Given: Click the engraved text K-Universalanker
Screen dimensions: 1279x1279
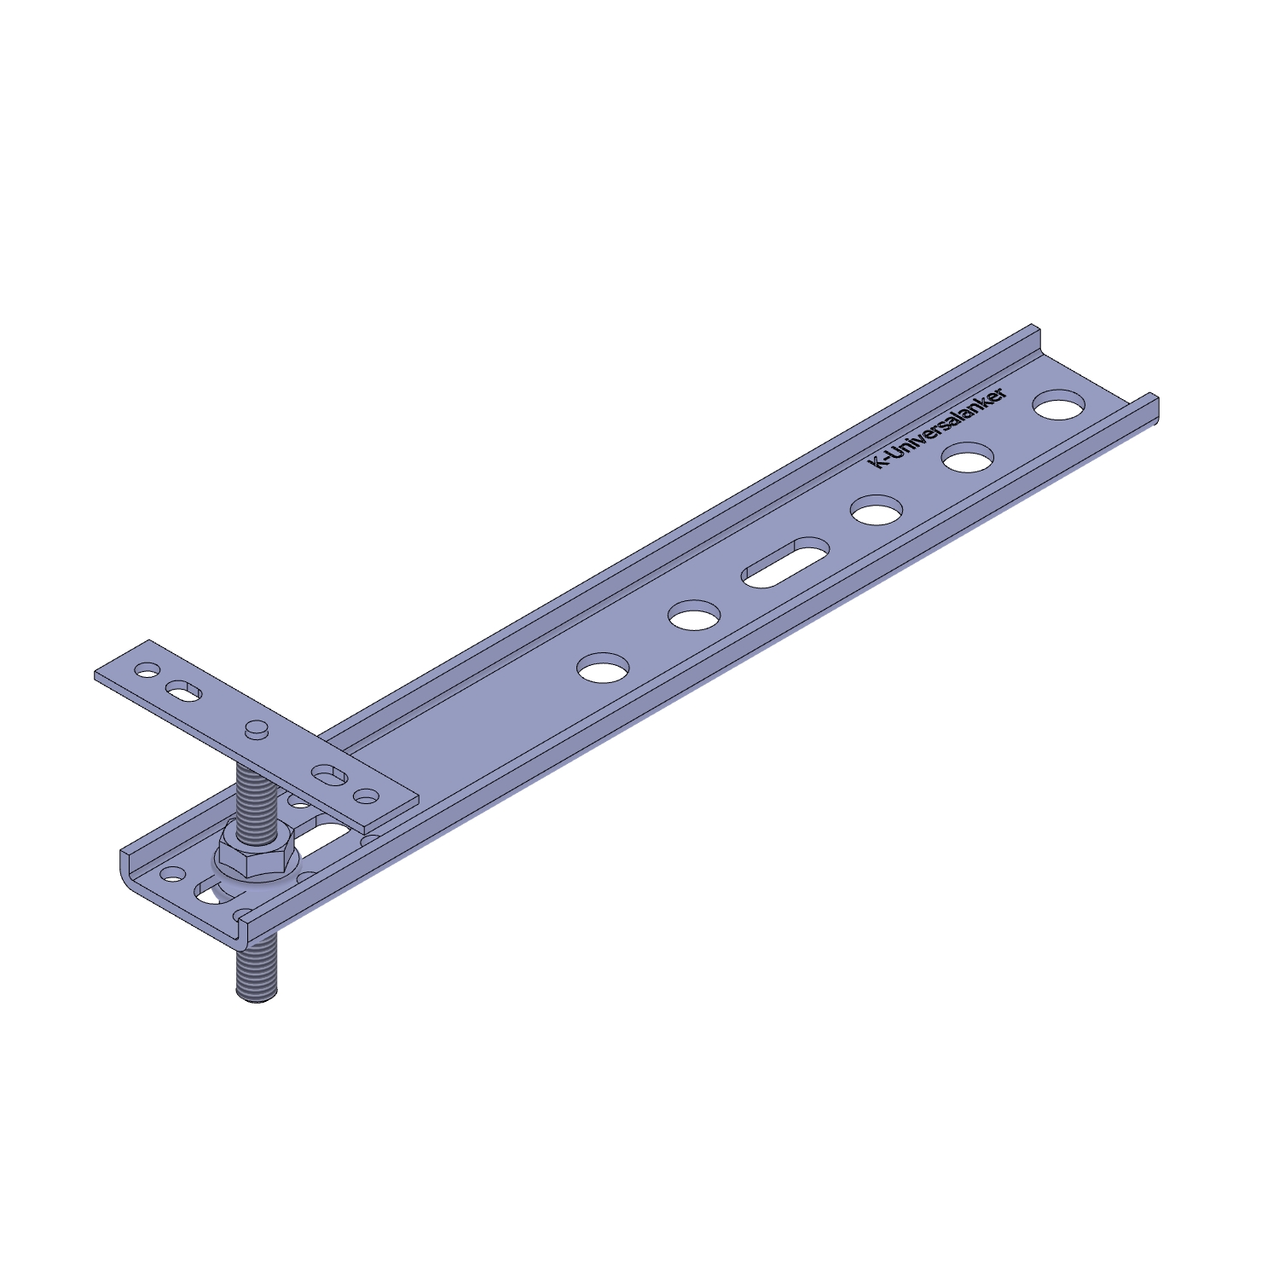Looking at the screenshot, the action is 937,427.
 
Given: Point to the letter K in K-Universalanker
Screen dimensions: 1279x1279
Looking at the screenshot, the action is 875,462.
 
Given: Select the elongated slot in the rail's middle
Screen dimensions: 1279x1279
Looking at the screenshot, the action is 785,562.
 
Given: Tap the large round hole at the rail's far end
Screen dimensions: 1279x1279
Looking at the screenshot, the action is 1058,404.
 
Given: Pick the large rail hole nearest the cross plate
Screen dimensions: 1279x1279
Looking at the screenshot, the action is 603,667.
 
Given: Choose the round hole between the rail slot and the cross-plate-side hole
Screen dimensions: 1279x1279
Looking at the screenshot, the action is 694,615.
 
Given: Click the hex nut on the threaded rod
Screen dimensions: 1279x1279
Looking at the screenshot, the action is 256,849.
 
